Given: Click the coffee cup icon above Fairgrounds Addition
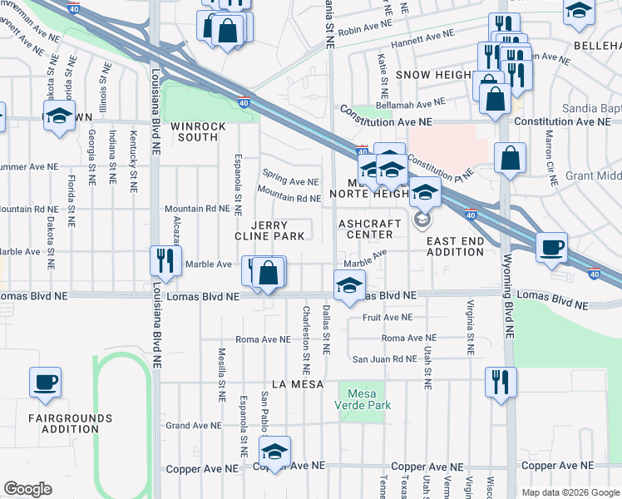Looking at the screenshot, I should click(45, 383).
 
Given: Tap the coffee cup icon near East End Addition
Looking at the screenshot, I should click(550, 247).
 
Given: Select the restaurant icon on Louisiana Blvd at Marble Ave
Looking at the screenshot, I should click(165, 260).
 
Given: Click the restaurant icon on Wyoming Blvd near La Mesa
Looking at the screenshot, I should click(501, 382).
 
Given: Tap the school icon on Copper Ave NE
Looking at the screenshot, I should click(272, 451).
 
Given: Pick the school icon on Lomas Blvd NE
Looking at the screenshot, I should click(349, 284).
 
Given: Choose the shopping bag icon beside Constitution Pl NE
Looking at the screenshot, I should click(510, 156).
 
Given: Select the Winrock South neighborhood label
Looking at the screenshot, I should click(194, 131).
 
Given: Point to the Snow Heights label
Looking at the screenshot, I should click(432, 74).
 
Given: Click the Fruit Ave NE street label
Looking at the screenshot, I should click(387, 317).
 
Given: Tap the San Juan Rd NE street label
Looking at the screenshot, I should click(383, 358).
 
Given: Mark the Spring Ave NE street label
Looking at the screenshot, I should click(290, 181).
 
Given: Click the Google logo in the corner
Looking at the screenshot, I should click(27, 489).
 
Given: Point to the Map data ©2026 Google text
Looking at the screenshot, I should click(570, 492).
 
